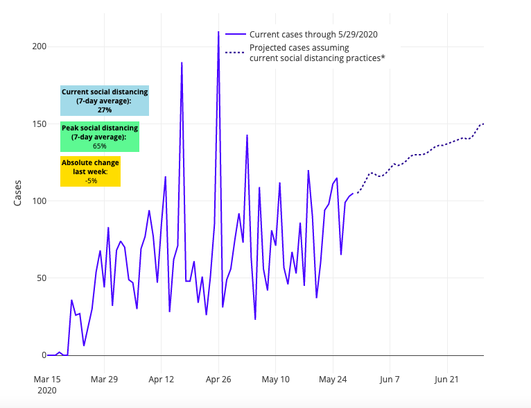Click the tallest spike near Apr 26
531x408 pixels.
(218, 32)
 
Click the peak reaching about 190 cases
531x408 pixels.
(182, 63)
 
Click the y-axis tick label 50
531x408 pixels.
(40, 278)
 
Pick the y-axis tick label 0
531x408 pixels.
(43, 355)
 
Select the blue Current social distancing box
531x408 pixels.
(105, 101)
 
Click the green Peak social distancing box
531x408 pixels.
(100, 137)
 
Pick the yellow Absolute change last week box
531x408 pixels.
(90, 171)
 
